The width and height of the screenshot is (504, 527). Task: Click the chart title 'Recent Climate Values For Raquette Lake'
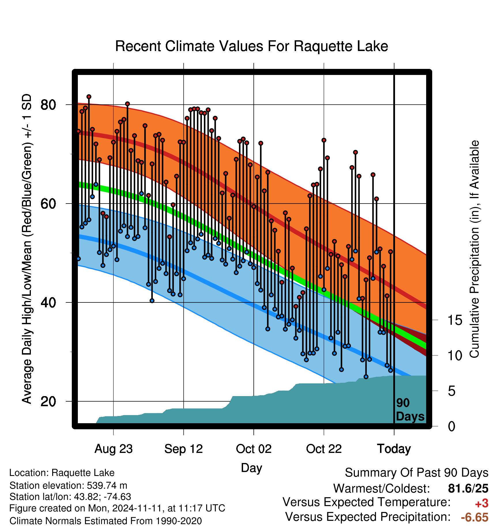(251, 46)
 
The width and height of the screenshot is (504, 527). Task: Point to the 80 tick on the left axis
(48, 105)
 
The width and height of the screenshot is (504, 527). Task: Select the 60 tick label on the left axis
(48, 204)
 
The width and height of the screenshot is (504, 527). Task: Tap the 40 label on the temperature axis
(48, 302)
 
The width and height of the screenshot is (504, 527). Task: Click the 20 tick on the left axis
(48, 401)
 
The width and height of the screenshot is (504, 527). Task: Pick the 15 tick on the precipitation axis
(455, 320)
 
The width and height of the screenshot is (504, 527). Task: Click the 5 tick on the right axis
(452, 391)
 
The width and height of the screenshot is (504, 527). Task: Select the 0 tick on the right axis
(452, 426)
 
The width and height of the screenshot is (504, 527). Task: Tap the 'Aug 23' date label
(114, 449)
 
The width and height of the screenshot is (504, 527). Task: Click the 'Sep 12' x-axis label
(184, 449)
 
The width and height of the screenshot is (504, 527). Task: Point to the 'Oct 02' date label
(254, 449)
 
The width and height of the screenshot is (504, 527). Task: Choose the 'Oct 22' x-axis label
(324, 449)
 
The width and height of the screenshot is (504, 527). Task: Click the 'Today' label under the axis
(394, 449)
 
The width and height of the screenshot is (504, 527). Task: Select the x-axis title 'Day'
(251, 468)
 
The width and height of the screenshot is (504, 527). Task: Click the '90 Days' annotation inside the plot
(410, 410)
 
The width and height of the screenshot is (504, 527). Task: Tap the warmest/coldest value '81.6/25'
(468, 488)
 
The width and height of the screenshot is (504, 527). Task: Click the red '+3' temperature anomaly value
(482, 503)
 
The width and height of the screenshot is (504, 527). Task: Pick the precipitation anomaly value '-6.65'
(475, 517)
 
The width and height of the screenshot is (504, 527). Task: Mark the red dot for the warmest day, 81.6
(89, 97)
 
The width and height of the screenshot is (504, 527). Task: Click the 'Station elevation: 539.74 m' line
(68, 485)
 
